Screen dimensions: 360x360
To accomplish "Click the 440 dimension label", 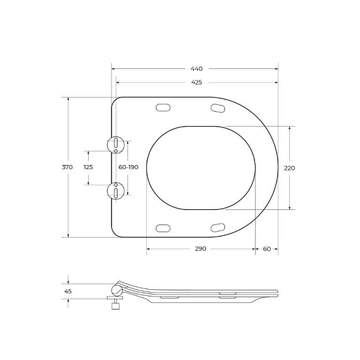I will click(x=196, y=69).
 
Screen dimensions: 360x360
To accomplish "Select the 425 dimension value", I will click(x=196, y=82).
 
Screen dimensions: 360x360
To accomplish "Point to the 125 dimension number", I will click(x=88, y=167).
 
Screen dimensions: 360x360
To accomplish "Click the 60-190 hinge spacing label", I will click(x=128, y=167).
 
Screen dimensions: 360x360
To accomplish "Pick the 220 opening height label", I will click(x=289, y=168).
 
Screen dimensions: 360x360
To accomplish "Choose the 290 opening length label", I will click(x=200, y=248).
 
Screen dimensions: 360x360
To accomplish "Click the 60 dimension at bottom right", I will click(x=266, y=248).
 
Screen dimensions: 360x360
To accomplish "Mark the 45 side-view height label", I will click(x=68, y=292).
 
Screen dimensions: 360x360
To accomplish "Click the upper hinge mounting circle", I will click(x=115, y=144).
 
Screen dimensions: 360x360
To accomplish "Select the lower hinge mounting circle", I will click(x=115, y=190).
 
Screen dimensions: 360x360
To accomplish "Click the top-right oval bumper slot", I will click(x=218, y=107).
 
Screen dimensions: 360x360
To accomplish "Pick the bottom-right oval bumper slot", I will click(x=218, y=227).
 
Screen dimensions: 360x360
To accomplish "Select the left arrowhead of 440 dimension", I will click(x=113, y=69).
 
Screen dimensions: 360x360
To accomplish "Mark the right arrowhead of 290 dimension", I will click(x=254, y=248).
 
